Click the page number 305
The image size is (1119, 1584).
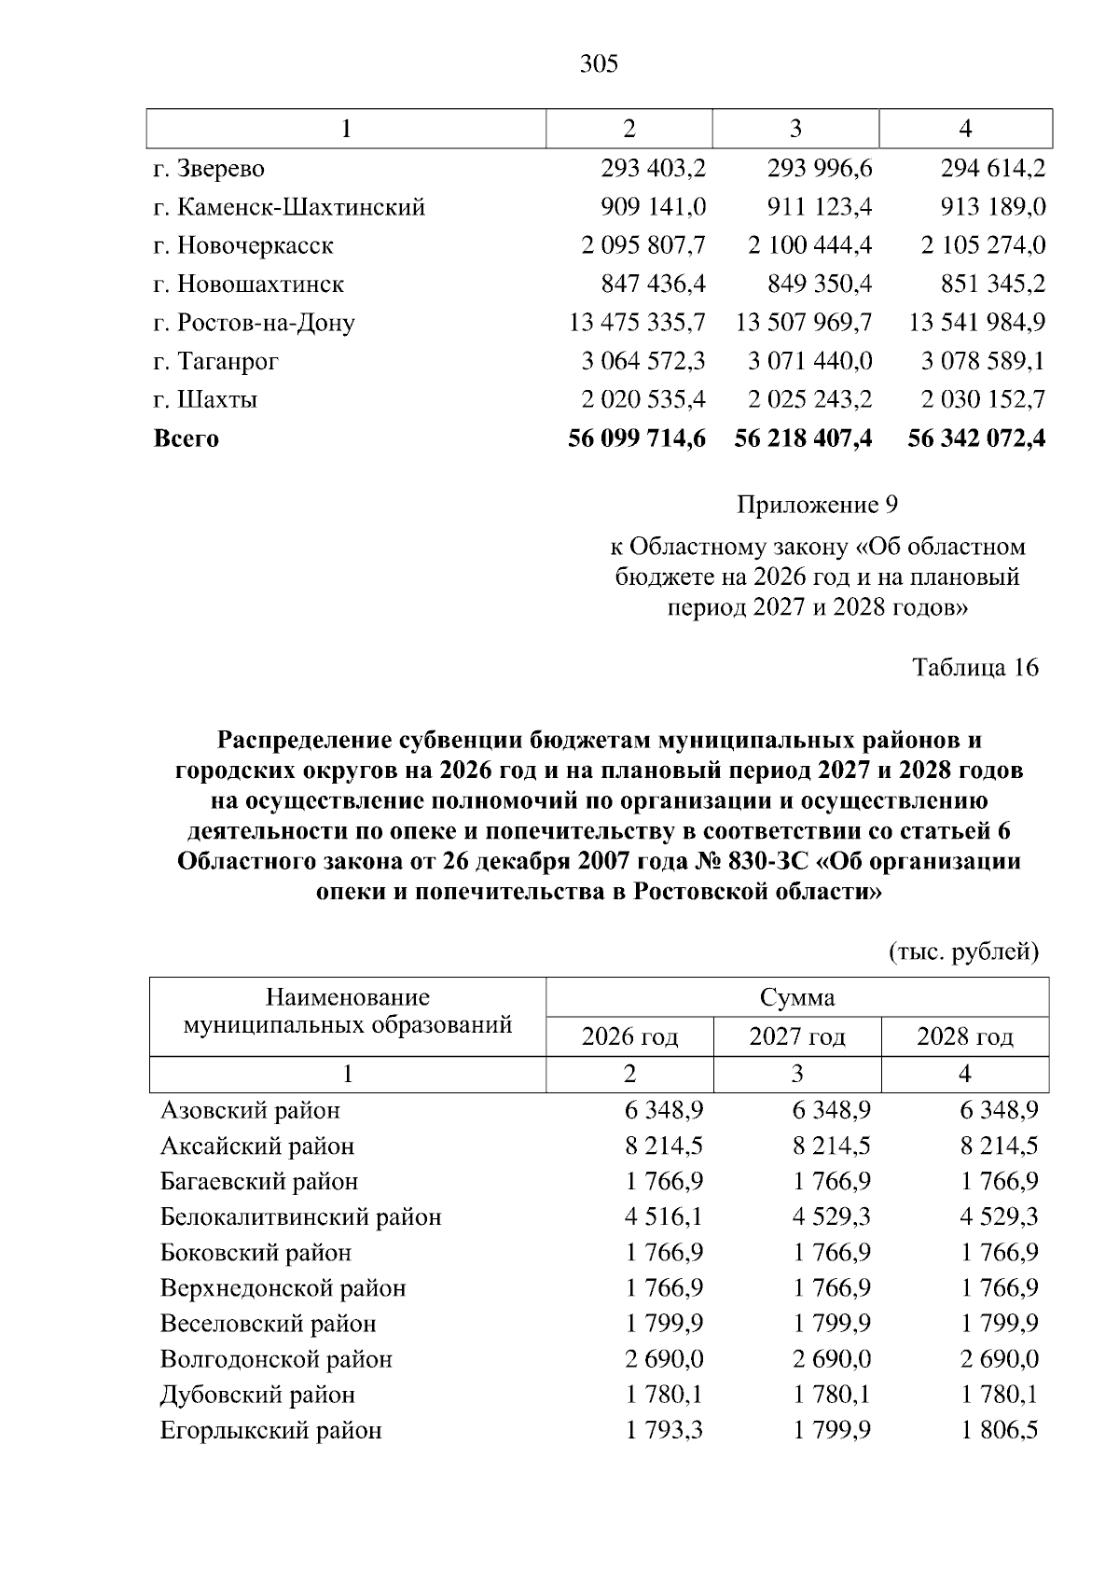[x=599, y=64]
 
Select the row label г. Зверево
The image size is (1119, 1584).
[x=209, y=169]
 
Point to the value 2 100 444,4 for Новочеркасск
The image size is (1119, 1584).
[x=809, y=245]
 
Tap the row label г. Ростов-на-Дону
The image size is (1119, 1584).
[x=254, y=323]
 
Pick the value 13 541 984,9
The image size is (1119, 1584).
[x=976, y=323]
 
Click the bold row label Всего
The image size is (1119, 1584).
[x=186, y=438]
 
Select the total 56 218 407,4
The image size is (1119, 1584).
[x=803, y=438]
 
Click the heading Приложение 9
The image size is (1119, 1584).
[x=817, y=506]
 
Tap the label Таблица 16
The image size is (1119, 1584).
[x=975, y=668]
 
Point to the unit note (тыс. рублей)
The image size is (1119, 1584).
[x=961, y=952]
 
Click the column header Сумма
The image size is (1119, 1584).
[x=797, y=997]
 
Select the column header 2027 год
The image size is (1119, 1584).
[x=797, y=1036]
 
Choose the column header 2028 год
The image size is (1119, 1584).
[x=965, y=1036]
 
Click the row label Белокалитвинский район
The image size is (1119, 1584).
[x=300, y=1217]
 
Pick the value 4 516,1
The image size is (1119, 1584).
[x=665, y=1217]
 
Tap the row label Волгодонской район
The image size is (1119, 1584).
[x=276, y=1359]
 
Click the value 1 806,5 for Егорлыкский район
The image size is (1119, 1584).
[x=1000, y=1430]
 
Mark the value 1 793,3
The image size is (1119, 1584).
[x=665, y=1430]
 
